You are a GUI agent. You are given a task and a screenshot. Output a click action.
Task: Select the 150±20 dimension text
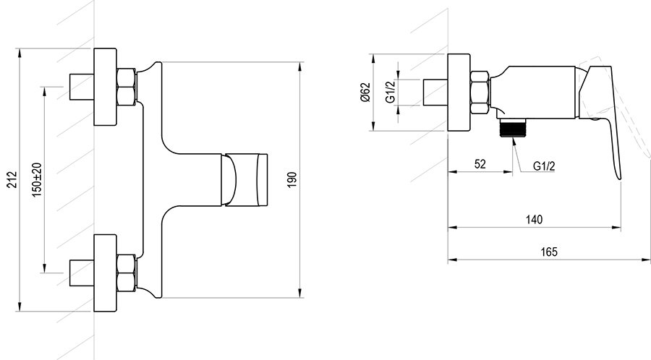(x=37, y=179)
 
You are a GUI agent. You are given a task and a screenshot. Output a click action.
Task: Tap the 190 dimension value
(x=292, y=179)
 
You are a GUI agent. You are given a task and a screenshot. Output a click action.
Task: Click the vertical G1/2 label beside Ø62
(x=390, y=93)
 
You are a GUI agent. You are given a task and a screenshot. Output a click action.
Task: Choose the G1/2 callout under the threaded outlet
(x=543, y=166)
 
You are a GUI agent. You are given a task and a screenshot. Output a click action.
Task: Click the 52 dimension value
(x=480, y=164)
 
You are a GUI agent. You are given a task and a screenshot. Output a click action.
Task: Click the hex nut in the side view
(x=481, y=93)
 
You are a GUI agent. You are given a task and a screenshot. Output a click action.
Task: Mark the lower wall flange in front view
(x=105, y=272)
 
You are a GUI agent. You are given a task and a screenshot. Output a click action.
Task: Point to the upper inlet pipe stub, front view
(x=79, y=87)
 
